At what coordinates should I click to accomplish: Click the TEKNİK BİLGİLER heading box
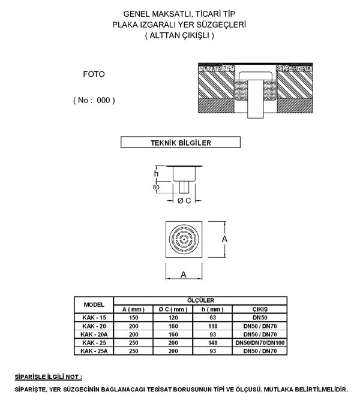pos(181,142)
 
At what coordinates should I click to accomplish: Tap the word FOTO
pos(94,74)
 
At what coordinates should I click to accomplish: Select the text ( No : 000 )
pos(94,100)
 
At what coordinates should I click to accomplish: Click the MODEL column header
pos(94,304)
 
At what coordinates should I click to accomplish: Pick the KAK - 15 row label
pos(94,318)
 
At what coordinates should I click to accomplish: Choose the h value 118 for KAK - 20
pos(213,326)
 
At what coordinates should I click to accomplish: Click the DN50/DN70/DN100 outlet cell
pos(260,343)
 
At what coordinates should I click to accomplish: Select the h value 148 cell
pos(213,343)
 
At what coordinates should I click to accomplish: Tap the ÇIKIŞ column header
pos(260,309)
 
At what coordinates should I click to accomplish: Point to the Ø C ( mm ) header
pos(173,309)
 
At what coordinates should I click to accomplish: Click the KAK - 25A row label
pos(94,351)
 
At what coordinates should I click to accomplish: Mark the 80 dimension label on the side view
pos(156,187)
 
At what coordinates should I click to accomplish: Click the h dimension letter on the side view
pos(156,174)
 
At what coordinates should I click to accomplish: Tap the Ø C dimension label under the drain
pos(184,201)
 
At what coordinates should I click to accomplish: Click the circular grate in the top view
pos(184,239)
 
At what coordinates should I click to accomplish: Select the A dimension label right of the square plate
pos(224,239)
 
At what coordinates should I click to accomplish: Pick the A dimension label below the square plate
pos(184,275)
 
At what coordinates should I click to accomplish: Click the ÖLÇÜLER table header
pos(200,300)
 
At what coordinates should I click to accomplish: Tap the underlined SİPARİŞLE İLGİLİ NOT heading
pos(49,376)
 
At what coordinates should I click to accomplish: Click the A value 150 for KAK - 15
pos(134,318)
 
